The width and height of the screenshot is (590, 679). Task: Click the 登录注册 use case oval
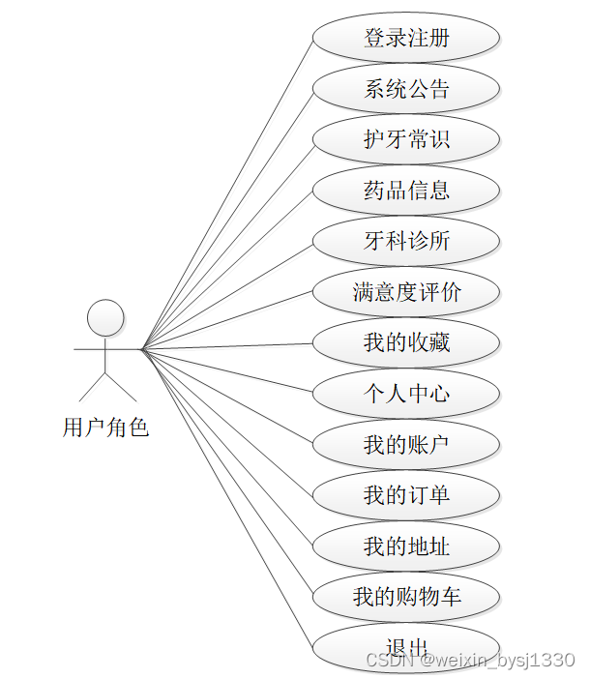coord(406,39)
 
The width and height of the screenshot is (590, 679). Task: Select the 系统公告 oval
coord(406,90)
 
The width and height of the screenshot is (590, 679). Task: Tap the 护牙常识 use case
coord(406,140)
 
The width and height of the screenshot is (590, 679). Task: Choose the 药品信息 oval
coord(406,191)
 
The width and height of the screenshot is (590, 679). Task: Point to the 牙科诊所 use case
coord(406,241)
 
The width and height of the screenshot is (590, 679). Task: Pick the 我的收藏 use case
coord(406,342)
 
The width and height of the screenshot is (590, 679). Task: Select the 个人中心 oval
coord(406,394)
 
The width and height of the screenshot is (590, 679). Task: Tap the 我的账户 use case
coord(406,445)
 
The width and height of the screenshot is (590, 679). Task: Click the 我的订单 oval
coord(406,495)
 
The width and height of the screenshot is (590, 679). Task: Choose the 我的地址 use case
coord(406,546)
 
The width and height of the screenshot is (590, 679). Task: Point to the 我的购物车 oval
coord(406,597)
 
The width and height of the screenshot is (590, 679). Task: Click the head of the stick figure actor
coord(106,317)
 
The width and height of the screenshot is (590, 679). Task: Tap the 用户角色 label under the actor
coord(106,427)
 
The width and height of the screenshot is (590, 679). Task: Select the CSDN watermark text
coord(470,660)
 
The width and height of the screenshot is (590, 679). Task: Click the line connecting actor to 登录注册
coord(227,193)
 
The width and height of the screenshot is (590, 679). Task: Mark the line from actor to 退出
coord(227,499)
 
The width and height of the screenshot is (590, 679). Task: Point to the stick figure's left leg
coord(92,387)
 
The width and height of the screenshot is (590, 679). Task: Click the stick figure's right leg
coord(122,387)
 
